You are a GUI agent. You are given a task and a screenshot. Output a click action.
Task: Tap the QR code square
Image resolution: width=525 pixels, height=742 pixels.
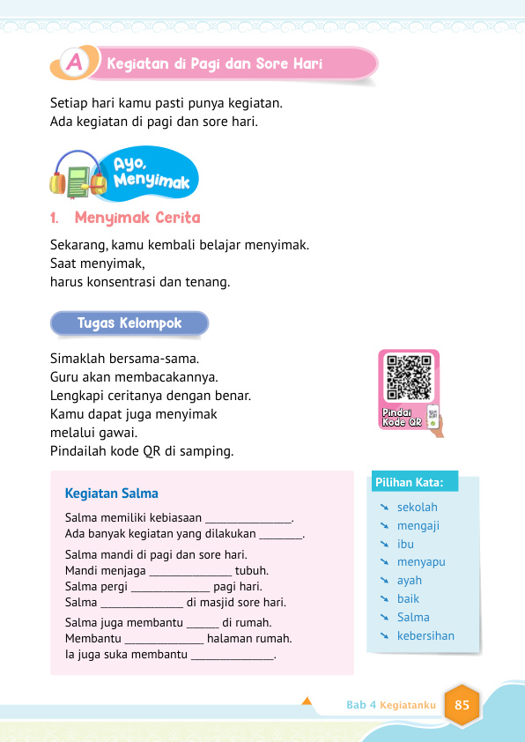click(x=410, y=376)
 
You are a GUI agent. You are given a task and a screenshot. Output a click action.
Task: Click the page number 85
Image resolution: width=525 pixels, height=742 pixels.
click(x=462, y=705)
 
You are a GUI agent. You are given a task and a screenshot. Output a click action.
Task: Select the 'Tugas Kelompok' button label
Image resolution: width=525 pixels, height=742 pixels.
click(x=129, y=323)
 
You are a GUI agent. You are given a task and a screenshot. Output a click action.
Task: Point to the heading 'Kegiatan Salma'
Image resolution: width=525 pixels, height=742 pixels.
click(x=112, y=493)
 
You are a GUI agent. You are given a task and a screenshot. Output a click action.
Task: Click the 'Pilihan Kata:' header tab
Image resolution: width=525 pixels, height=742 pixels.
click(x=416, y=482)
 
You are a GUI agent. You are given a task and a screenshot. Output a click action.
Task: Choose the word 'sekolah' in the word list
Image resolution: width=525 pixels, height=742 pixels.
click(x=417, y=508)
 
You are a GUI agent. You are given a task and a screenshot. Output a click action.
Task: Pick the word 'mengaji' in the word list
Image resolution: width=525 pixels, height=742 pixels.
click(x=418, y=526)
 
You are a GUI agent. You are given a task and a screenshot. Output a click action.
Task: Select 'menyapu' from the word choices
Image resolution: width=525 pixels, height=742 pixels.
click(x=421, y=562)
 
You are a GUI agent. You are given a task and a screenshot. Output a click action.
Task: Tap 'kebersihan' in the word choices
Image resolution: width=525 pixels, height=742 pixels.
click(x=425, y=635)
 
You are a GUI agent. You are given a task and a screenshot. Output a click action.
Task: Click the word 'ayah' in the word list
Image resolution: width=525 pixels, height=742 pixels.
click(x=410, y=581)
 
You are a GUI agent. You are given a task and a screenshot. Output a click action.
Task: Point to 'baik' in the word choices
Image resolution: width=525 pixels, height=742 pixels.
click(x=408, y=599)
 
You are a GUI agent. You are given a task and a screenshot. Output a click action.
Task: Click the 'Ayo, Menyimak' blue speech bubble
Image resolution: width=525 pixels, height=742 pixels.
click(x=145, y=172)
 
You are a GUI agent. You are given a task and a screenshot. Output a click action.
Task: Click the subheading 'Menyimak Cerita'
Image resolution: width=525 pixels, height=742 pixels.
click(x=137, y=218)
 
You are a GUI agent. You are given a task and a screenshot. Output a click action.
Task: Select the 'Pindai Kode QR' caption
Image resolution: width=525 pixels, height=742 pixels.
click(x=403, y=417)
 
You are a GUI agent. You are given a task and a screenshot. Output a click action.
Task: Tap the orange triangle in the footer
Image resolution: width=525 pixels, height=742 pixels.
click(x=307, y=701)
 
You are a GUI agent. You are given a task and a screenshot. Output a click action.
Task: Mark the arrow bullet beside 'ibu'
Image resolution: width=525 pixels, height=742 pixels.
click(x=384, y=545)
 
